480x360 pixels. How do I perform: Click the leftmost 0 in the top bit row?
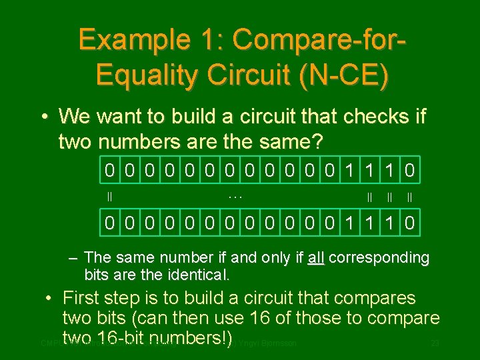point(109,171)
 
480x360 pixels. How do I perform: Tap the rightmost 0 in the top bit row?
point(411,171)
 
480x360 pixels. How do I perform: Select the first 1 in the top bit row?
point(351,171)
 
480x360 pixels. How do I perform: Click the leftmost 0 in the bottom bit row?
point(109,223)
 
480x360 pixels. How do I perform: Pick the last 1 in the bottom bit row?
point(391,223)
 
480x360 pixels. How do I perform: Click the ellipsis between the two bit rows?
point(235,197)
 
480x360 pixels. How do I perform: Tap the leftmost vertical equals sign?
point(109,197)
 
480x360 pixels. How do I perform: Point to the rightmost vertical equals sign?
point(409,197)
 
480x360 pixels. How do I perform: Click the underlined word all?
point(315,258)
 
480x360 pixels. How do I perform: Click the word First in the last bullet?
point(87,298)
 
